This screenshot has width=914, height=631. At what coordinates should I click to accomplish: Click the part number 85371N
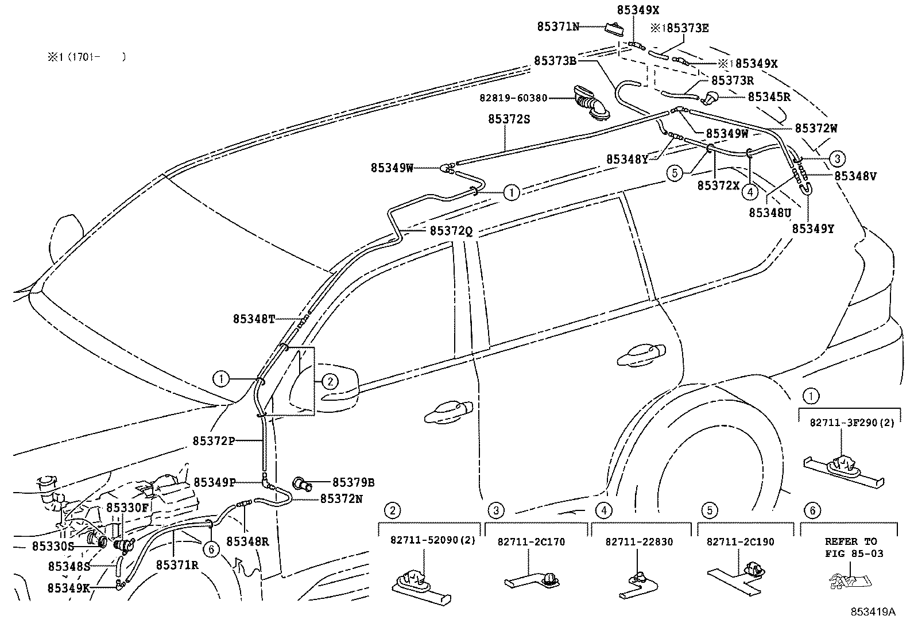[x=558, y=26]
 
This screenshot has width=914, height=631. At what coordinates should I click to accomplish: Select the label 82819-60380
[x=514, y=98]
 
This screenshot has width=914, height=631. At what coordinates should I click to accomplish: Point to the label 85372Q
[x=451, y=230]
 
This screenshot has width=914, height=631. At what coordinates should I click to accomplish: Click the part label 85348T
[x=254, y=319]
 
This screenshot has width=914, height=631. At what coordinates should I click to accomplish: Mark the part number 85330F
[x=127, y=508]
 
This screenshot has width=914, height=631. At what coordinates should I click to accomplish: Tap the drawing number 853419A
[x=873, y=611]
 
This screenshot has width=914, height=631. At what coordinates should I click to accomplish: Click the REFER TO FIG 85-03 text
[x=851, y=547]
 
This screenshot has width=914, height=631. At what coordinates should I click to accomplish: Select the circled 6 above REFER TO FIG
[x=812, y=510]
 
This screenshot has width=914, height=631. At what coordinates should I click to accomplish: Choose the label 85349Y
[x=813, y=229]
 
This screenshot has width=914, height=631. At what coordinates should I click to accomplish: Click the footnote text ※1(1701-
[x=86, y=57]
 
